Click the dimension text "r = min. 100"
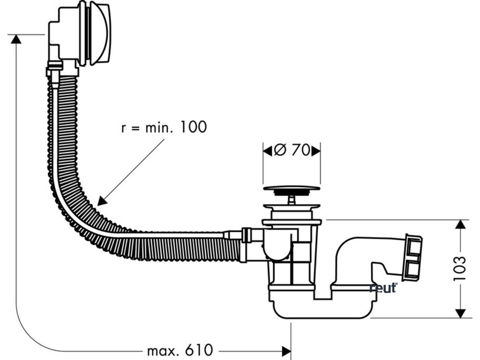click(164, 127)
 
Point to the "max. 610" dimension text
click(180, 350)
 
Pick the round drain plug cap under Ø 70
click(292, 190)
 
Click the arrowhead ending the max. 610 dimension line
click(286, 350)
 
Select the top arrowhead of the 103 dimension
click(460, 225)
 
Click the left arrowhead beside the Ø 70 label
click(267, 150)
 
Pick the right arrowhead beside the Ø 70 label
click(316, 150)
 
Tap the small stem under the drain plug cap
click(292, 200)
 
